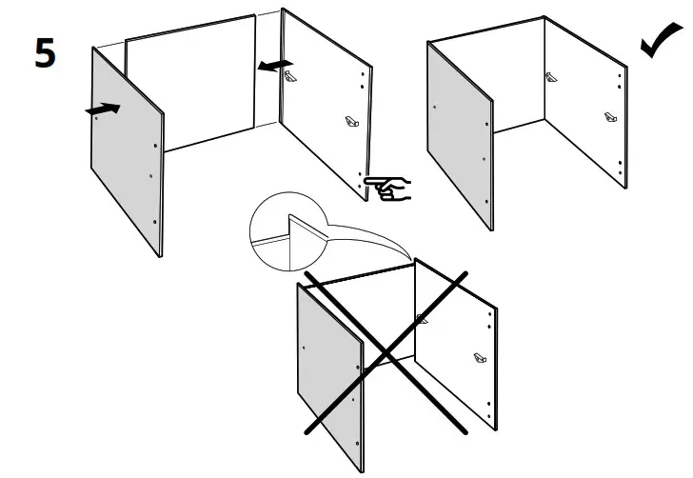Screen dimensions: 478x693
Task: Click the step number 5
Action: [x=45, y=52]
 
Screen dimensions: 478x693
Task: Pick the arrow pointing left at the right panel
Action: [x=275, y=65]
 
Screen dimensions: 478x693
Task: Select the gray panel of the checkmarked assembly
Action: [x=460, y=133]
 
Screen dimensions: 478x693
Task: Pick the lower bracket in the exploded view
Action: [x=350, y=121]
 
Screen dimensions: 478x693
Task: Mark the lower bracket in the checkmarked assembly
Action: [x=609, y=119]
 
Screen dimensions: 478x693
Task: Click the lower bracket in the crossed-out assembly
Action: [x=479, y=358]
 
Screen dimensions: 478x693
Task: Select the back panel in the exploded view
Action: [x=190, y=86]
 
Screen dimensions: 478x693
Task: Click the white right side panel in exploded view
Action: [x=324, y=105]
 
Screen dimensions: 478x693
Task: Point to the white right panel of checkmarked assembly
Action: [x=585, y=105]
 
